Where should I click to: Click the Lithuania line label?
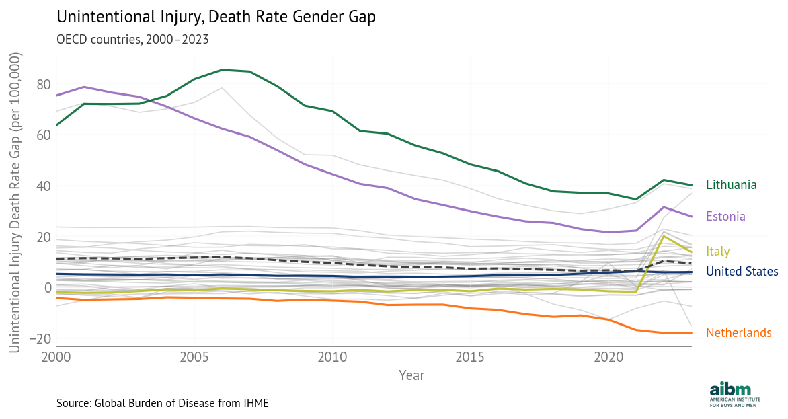pos(731,185)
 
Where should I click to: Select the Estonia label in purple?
pos(725,217)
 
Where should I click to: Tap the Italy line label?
pos(717,252)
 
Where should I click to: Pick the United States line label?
pos(742,272)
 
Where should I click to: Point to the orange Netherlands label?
pos(738,333)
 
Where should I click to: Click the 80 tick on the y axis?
pos(44,85)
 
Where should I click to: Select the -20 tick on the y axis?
pos(42,339)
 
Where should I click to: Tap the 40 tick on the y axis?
pos(44,186)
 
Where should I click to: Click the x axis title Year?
pos(411,375)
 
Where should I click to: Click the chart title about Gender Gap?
pos(215,17)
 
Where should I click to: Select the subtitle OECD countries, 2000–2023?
pos(132,39)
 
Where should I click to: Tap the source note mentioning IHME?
pos(163,403)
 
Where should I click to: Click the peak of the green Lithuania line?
pos(222,69)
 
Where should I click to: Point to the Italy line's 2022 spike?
pos(664,236)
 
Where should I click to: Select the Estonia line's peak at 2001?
pos(84,87)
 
